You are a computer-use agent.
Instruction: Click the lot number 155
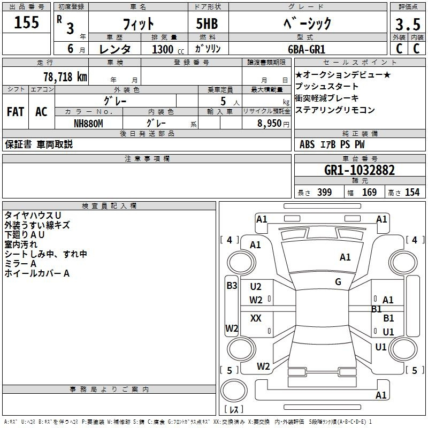(27, 22)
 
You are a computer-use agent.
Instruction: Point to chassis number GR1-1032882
(360, 171)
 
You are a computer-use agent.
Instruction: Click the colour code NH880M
(88, 124)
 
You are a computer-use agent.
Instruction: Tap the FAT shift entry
(16, 112)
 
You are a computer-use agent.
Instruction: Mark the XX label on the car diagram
(256, 318)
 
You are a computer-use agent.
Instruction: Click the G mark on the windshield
(338, 282)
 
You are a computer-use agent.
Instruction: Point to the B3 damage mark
(231, 286)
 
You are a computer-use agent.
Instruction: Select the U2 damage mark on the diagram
(256, 287)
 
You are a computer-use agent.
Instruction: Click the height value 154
(412, 193)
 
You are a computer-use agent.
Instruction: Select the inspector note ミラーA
(20, 264)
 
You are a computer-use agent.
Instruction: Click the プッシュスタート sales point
(327, 87)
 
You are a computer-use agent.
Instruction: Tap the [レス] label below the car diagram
(234, 409)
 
